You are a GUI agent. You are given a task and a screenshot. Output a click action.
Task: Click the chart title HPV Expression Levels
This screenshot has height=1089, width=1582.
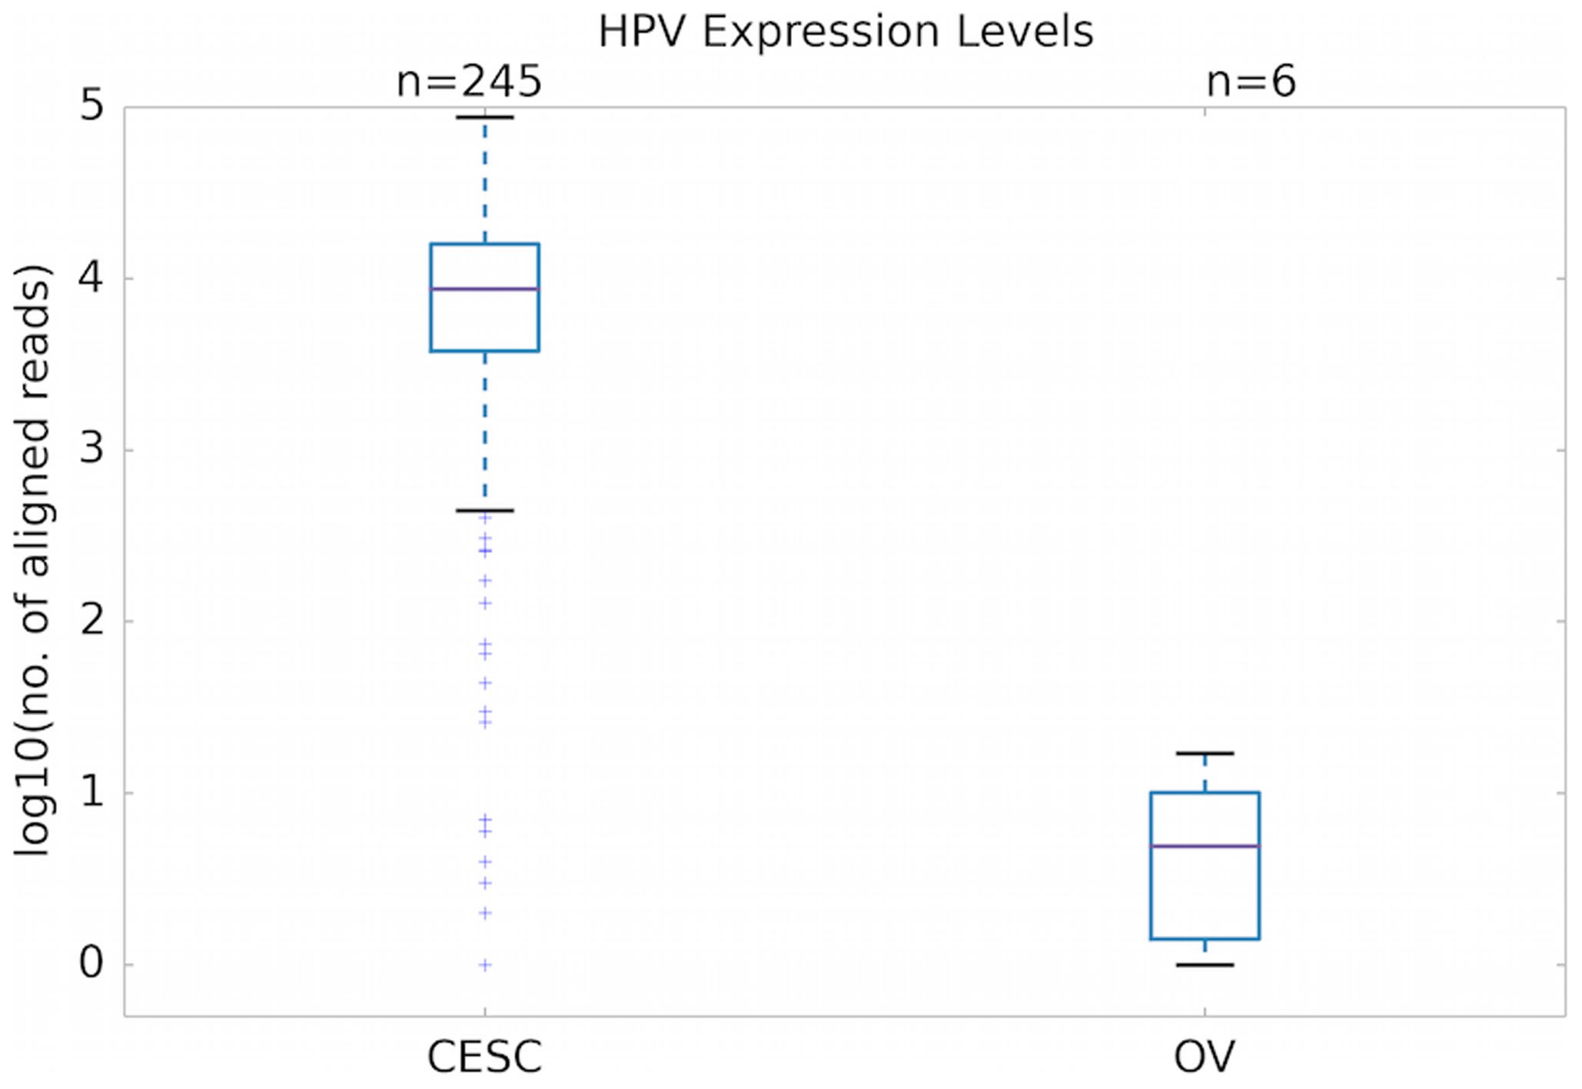click(x=846, y=32)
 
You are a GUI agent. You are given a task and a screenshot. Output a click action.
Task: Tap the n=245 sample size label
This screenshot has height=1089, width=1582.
click(x=469, y=82)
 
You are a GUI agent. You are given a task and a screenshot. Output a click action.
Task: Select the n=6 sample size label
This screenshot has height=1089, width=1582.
click(x=1251, y=82)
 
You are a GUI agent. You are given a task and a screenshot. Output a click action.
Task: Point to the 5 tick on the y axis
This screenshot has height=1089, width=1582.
click(x=91, y=105)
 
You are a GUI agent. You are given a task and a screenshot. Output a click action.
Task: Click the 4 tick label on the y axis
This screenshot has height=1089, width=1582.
click(x=91, y=278)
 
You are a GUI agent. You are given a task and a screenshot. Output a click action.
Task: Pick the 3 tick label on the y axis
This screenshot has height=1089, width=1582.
click(x=91, y=449)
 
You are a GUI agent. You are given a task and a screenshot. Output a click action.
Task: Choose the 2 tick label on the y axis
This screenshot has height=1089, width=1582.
click(x=91, y=621)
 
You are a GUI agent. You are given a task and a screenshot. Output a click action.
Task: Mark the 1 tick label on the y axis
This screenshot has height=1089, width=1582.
click(x=91, y=792)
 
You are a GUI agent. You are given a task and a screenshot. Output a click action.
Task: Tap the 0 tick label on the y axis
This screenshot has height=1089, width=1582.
click(x=91, y=964)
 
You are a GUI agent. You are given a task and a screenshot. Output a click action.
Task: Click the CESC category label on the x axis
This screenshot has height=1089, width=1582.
click(x=484, y=1057)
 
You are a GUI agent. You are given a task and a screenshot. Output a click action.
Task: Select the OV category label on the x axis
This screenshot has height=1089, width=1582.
click(x=1204, y=1057)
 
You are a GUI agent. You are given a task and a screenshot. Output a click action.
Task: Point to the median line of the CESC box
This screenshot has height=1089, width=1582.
click(x=484, y=288)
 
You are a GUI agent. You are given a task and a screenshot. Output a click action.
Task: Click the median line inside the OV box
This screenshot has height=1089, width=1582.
click(x=1205, y=846)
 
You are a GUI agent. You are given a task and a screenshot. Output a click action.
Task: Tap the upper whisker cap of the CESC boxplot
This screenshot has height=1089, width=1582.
click(x=484, y=117)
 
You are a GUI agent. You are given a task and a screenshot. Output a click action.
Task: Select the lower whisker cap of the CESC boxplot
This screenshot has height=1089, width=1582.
click(x=484, y=510)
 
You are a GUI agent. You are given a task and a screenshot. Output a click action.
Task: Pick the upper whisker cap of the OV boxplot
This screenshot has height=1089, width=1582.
click(x=1205, y=753)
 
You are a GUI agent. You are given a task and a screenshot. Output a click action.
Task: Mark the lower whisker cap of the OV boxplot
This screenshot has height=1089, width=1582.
click(x=1205, y=964)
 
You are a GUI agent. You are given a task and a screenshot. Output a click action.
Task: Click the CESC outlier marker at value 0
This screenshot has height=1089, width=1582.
click(x=484, y=964)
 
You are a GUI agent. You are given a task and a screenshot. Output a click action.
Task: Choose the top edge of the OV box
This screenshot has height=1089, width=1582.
click(x=1205, y=792)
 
